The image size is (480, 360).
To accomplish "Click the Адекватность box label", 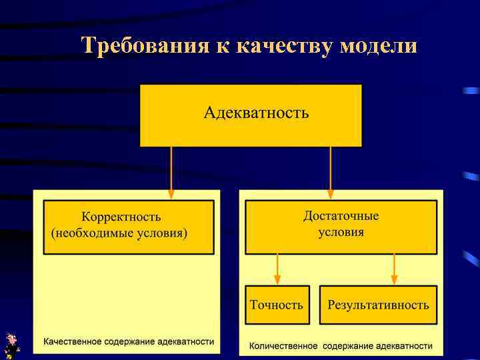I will (x=256, y=112).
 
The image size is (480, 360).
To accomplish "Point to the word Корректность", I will (x=121, y=217).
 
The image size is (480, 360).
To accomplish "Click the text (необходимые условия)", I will (x=119, y=233).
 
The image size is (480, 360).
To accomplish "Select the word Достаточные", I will (x=341, y=216).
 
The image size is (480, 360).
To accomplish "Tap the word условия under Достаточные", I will (x=341, y=232).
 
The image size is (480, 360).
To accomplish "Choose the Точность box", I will (x=277, y=305).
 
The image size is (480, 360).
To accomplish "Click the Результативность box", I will (x=378, y=305).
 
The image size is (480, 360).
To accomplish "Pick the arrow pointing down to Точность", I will (x=277, y=269).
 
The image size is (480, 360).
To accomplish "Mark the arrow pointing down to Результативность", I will (x=394, y=269).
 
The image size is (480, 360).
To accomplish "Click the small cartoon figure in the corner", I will (x=11, y=345).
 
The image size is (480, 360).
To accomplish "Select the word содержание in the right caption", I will (x=347, y=346).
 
